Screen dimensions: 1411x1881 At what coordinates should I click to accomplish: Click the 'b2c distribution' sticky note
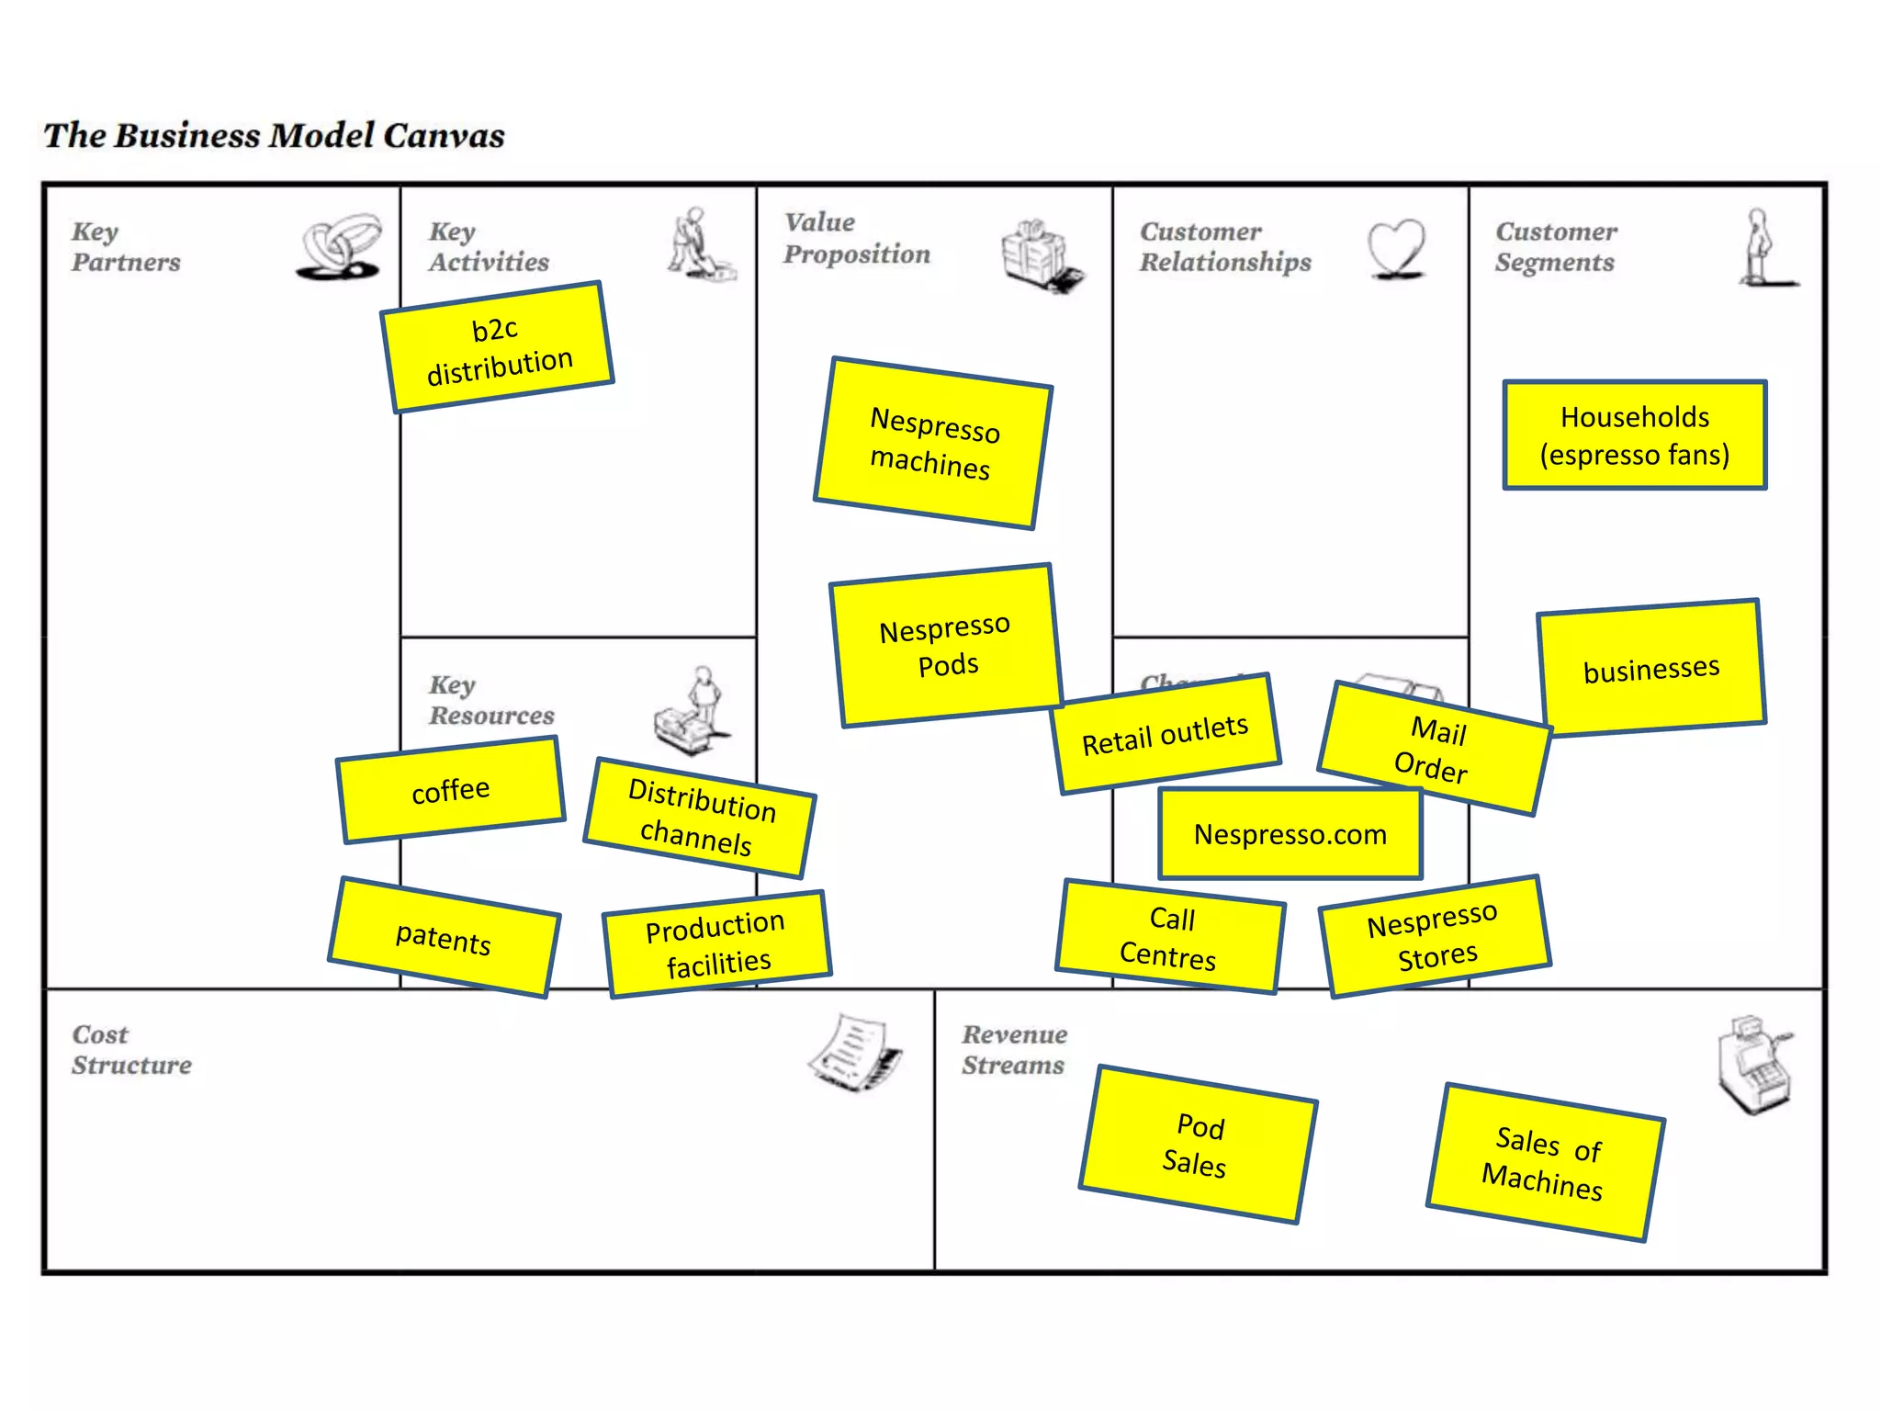[497, 347]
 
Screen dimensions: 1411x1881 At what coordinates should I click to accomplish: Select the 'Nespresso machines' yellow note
[933, 443]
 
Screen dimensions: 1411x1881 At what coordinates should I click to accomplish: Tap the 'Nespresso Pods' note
[946, 646]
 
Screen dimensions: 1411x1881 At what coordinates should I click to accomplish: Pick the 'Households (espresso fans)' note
[1635, 435]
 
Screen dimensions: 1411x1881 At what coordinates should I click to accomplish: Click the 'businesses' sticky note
[1651, 668]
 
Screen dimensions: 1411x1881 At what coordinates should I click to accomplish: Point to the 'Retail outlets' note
[1166, 734]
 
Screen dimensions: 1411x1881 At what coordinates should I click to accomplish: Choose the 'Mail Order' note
[1435, 749]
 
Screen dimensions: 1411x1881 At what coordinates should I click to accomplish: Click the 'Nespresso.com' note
[1290, 833]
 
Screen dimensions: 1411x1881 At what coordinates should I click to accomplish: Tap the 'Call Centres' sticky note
[1170, 937]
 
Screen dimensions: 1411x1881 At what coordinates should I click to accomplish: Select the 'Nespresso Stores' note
[1435, 936]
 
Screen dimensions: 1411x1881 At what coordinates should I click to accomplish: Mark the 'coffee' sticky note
[451, 790]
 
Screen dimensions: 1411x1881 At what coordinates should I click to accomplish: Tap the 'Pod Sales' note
[1198, 1146]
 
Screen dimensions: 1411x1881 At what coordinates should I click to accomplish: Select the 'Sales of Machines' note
[1545, 1162]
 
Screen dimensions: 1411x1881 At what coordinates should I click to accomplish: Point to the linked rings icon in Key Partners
[340, 246]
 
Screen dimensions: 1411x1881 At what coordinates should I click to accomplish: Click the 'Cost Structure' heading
[131, 1049]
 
